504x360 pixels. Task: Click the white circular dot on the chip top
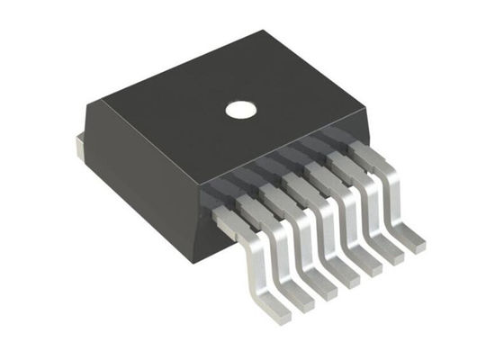click(x=240, y=110)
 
